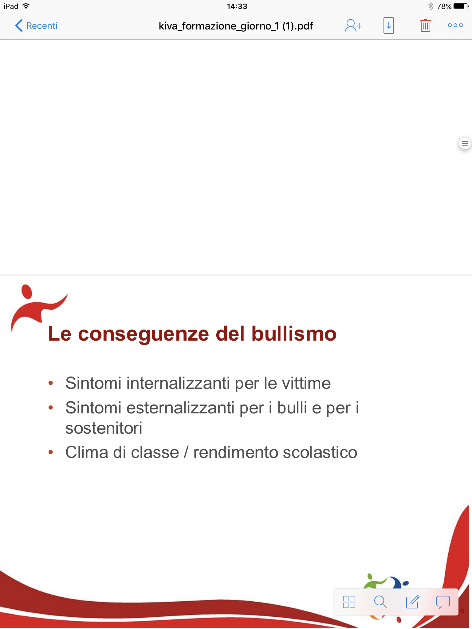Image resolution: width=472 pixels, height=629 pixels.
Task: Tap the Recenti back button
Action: click(36, 26)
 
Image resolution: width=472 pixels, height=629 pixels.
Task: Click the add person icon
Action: click(353, 26)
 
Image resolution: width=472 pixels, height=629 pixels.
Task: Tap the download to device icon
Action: click(389, 25)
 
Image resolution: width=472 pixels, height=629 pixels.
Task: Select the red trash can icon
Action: click(426, 25)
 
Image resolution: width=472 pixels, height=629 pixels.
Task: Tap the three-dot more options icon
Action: click(455, 25)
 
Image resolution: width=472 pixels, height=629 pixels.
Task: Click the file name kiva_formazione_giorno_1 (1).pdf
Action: click(236, 26)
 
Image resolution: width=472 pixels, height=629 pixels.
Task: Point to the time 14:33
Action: click(237, 6)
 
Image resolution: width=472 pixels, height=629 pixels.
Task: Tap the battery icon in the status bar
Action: click(461, 6)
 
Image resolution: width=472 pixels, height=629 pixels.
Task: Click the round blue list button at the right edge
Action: click(465, 143)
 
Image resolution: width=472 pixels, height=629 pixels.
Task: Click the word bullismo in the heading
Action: click(294, 334)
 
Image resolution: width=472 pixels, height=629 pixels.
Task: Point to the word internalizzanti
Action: click(178, 383)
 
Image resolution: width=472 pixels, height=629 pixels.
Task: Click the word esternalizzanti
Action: click(181, 408)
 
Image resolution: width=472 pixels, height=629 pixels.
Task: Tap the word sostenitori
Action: click(104, 428)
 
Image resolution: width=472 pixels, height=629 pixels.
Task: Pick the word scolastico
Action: click(320, 452)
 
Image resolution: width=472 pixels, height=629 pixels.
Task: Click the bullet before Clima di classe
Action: click(51, 452)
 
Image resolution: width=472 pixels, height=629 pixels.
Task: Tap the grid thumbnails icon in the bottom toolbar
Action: click(349, 602)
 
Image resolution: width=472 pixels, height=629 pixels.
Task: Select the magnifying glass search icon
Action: click(380, 602)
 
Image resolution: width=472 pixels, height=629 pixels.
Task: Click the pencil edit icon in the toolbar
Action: click(413, 602)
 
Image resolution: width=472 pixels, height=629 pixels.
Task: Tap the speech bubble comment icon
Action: click(443, 602)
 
